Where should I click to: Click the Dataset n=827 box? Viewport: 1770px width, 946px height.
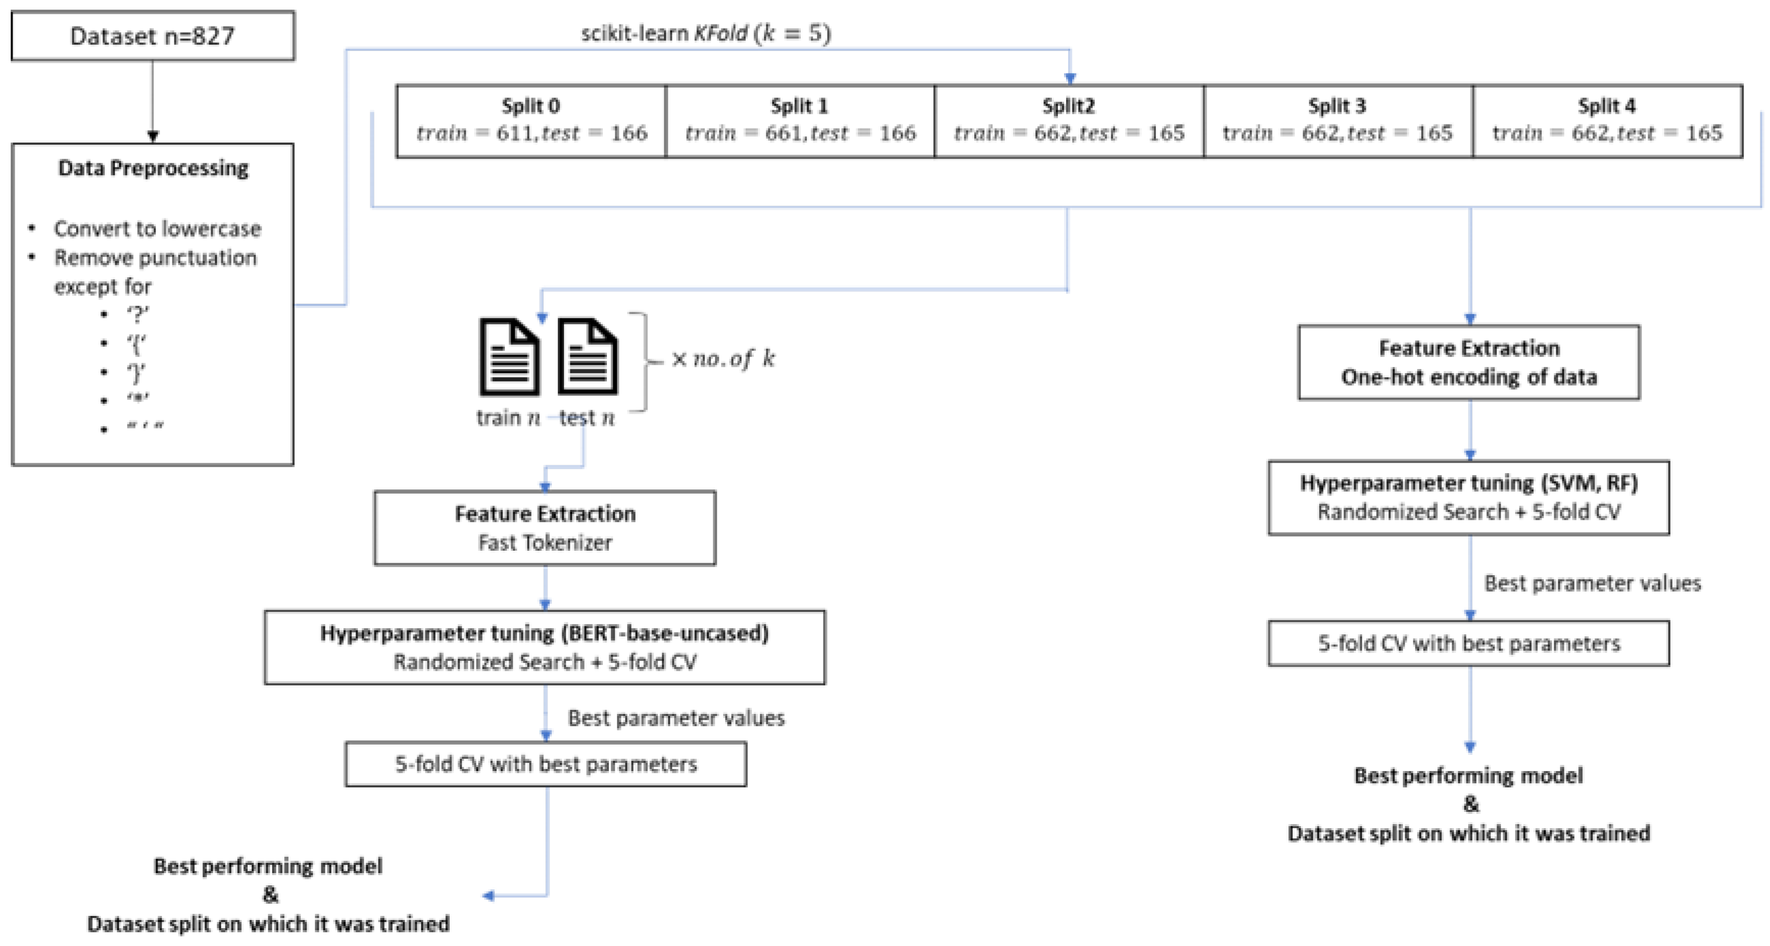(x=153, y=36)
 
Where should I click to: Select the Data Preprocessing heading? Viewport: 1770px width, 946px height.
(x=153, y=168)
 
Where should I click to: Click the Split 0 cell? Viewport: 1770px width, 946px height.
(x=531, y=121)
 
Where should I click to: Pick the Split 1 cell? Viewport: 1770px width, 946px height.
(x=800, y=121)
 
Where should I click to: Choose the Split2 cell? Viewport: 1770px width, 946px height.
(x=1069, y=121)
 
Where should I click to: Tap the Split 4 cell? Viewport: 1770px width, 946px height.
(x=1606, y=121)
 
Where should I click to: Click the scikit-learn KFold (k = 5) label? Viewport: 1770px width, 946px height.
(x=705, y=33)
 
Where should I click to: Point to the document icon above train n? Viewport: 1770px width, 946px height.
(x=509, y=357)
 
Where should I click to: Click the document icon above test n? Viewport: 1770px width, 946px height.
(x=588, y=357)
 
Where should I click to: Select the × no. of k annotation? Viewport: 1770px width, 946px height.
(x=723, y=359)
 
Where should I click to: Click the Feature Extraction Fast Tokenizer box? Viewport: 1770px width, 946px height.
(x=545, y=528)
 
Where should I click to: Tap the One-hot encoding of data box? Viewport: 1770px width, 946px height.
(x=1469, y=362)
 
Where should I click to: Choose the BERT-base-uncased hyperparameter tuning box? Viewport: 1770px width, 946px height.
(x=545, y=647)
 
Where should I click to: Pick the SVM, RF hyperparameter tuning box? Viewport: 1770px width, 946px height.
(x=1469, y=497)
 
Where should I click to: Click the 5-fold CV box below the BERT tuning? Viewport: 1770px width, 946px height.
(x=546, y=764)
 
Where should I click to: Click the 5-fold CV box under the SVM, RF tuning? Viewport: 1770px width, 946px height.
(x=1469, y=643)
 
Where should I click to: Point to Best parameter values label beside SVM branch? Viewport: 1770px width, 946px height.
(x=1592, y=583)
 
